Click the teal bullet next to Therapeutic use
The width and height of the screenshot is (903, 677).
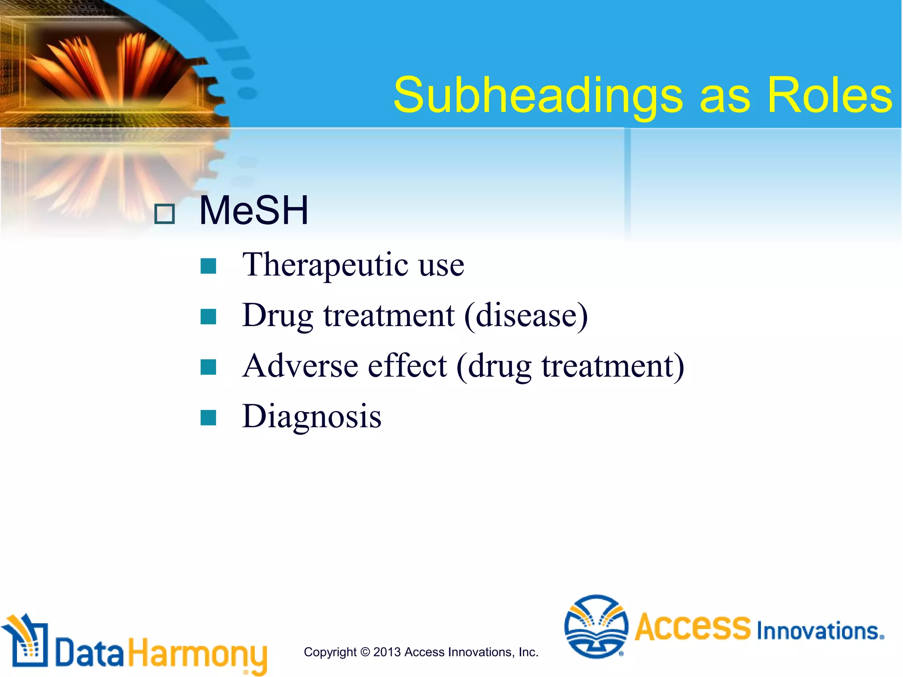click(208, 266)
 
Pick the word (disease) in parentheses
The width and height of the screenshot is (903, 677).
click(526, 316)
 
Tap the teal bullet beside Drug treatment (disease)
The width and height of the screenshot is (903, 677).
click(208, 316)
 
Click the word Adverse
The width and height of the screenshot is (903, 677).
click(300, 366)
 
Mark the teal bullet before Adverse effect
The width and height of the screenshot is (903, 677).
click(208, 367)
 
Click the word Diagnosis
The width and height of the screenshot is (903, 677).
click(312, 417)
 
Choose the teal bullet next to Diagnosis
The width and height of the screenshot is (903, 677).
click(208, 417)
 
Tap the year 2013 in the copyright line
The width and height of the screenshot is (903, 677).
click(387, 652)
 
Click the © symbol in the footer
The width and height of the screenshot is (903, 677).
click(365, 652)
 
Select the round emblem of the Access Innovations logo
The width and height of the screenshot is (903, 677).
click(596, 626)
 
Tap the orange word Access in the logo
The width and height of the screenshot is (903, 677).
click(692, 627)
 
